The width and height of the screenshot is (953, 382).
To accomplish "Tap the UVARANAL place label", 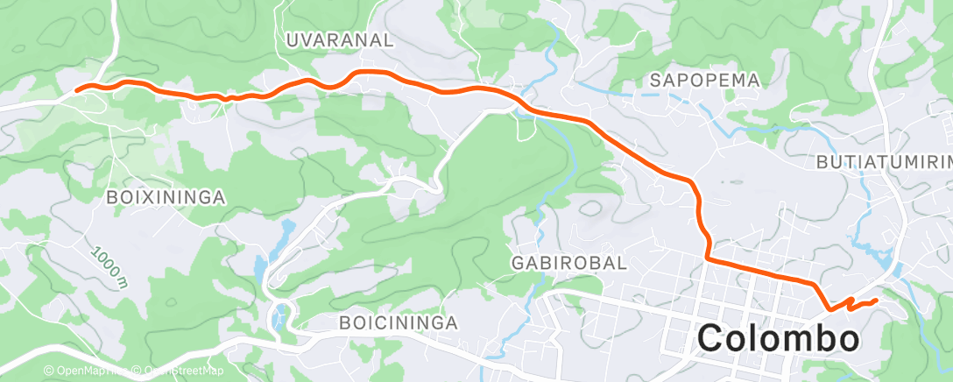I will tap(340, 40).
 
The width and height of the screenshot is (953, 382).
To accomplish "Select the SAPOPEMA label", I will tap(704, 80).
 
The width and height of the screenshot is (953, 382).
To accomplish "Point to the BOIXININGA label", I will tap(166, 198).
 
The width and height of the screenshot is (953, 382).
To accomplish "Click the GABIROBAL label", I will tap(568, 262).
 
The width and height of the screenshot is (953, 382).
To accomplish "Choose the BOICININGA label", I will tap(399, 323).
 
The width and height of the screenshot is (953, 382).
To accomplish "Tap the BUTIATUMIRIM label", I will tap(883, 163).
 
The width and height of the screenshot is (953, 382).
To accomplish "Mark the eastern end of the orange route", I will tap(875, 301).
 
